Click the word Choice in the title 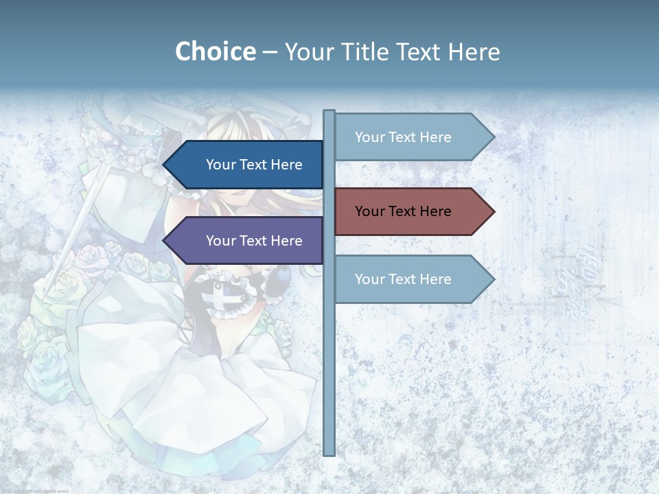215,51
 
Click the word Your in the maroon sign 369,211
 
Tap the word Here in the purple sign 286,241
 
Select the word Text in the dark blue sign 253,165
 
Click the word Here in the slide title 474,51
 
